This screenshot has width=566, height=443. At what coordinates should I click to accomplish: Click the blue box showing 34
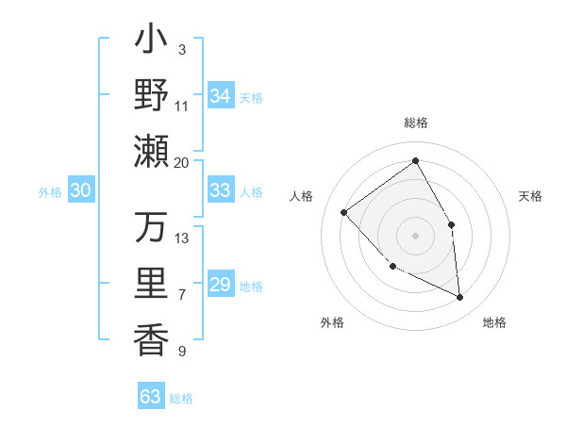[x=221, y=96]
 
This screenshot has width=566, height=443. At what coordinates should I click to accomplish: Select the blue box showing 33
[x=221, y=190]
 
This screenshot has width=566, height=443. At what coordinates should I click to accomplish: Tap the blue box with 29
[x=221, y=285]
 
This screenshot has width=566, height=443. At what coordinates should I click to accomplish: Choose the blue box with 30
[x=80, y=190]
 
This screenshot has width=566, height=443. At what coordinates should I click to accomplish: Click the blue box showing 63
[x=151, y=397]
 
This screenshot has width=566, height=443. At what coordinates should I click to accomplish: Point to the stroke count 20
[x=182, y=162]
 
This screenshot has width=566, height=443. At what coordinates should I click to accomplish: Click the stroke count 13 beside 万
[x=182, y=238]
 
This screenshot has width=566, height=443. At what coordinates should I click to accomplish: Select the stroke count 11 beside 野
[x=182, y=106]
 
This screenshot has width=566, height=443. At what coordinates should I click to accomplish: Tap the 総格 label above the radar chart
[x=415, y=123]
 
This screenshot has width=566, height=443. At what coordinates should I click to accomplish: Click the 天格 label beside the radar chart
[x=531, y=196]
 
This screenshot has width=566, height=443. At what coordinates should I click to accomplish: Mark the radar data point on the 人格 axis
[x=344, y=213]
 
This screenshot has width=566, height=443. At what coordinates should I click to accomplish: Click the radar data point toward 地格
[x=459, y=297]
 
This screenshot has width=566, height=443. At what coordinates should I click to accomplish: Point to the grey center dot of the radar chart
[x=415, y=235]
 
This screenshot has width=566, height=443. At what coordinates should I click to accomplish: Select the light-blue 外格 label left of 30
[x=50, y=191]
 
